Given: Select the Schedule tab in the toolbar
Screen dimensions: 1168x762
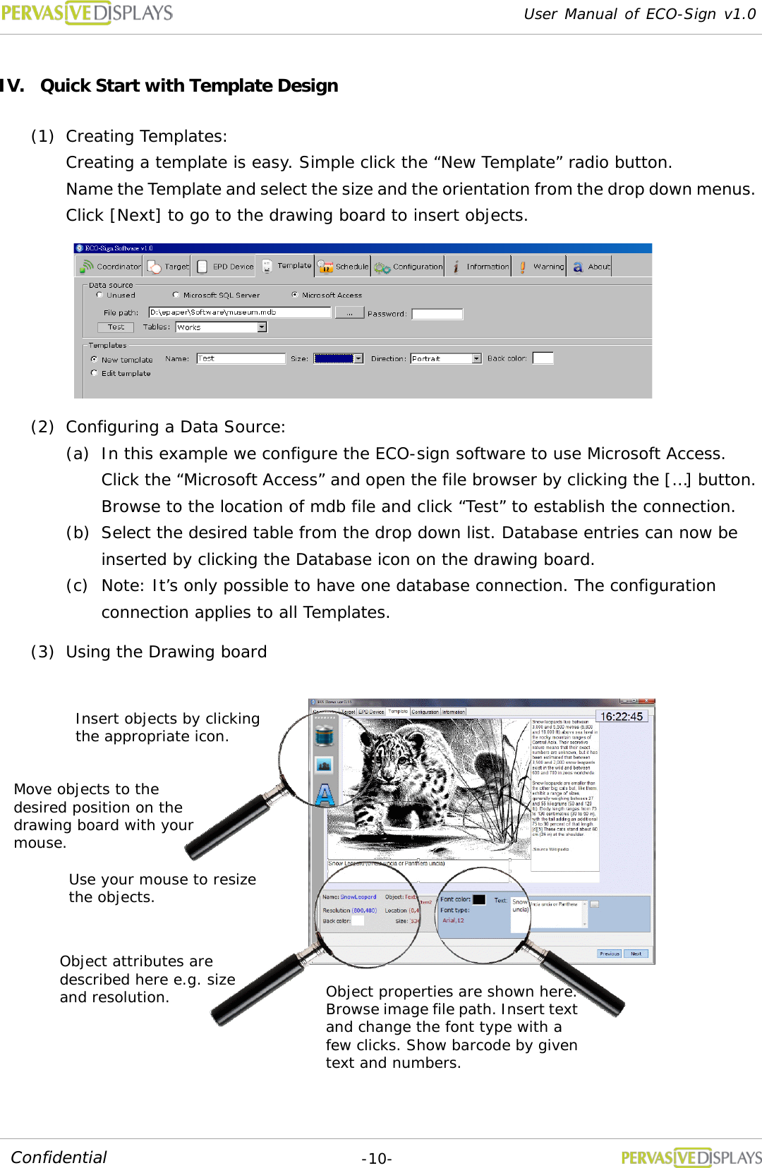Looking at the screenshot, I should (343, 267).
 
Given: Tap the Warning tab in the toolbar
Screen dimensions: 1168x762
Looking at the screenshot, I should (541, 267).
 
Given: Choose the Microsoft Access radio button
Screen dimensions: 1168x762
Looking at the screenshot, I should (295, 295).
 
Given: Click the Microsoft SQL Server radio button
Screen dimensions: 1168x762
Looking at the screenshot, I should (176, 295).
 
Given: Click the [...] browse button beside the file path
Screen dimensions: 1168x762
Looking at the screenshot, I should (349, 312).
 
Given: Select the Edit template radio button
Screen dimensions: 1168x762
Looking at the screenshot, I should (95, 373).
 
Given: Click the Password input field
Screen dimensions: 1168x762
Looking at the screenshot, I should (437, 314).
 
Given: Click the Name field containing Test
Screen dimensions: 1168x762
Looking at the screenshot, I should (241, 358).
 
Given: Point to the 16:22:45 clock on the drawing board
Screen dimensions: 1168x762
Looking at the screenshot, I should (622, 717).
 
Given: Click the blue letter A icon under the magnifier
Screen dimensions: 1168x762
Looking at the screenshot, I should (325, 794).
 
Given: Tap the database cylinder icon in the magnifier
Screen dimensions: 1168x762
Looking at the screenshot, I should (325, 736).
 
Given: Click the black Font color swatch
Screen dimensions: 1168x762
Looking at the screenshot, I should (479, 899).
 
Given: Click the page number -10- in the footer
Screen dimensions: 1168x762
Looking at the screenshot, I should (377, 1159).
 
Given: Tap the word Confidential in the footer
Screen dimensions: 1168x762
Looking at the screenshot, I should (59, 1157).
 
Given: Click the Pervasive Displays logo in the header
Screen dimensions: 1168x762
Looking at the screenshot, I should (87, 13).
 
